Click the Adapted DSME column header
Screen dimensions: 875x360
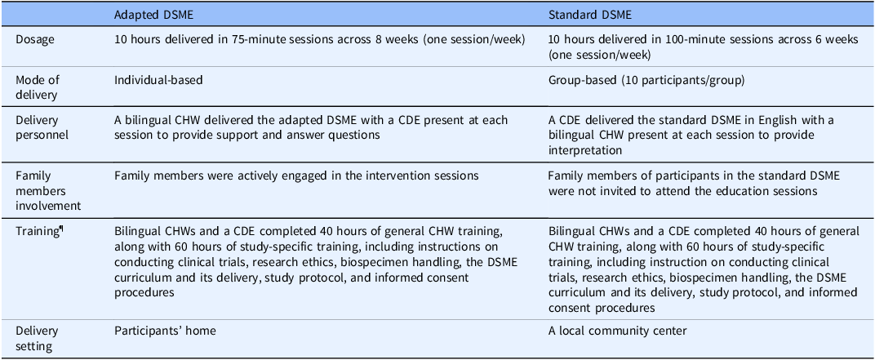coord(146,15)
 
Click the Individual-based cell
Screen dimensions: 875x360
coord(158,80)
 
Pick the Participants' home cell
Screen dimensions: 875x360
coord(165,331)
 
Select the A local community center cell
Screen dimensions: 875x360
coord(618,331)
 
